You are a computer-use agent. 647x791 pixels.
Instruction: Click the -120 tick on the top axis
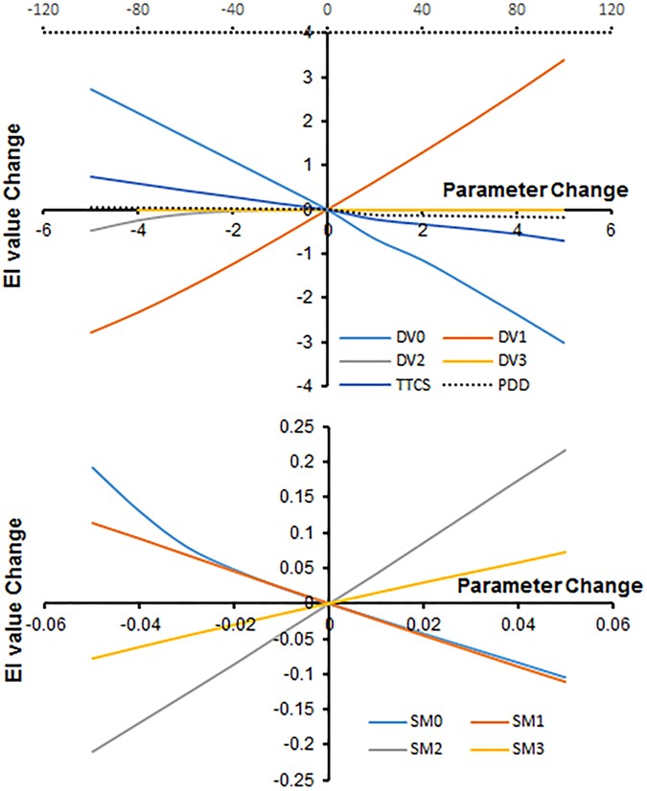pyautogui.click(x=41, y=10)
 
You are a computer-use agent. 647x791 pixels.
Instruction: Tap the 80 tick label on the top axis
pyautogui.click(x=517, y=10)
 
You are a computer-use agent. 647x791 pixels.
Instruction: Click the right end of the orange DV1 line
pyautogui.click(x=565, y=59)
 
